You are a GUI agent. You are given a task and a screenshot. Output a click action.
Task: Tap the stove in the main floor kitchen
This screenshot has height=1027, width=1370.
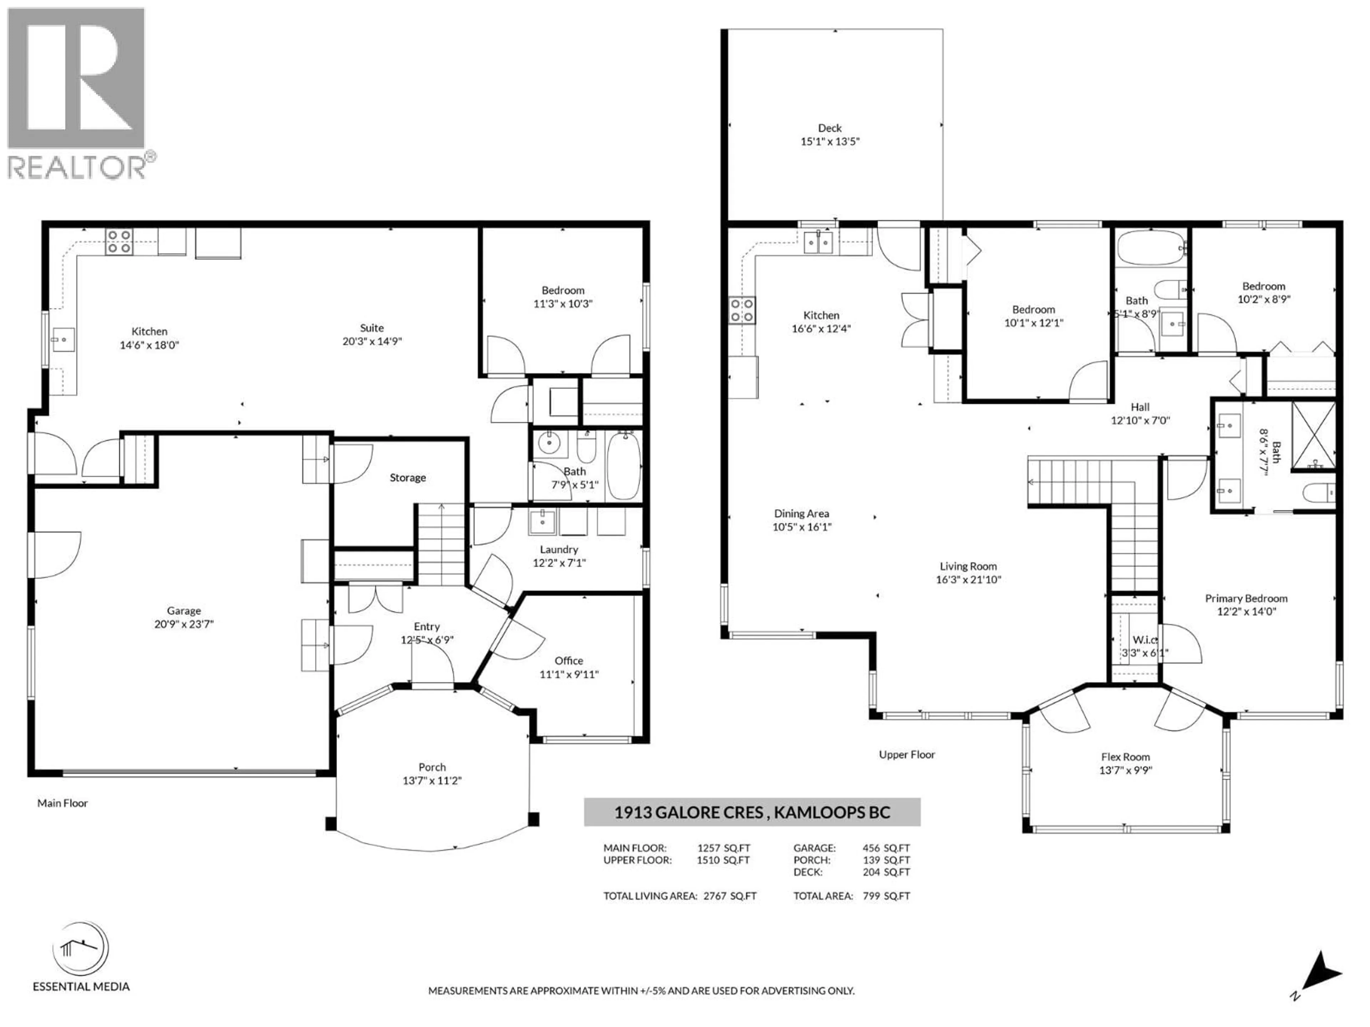tap(119, 241)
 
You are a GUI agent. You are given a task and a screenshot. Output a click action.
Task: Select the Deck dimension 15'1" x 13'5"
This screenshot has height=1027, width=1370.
tap(830, 141)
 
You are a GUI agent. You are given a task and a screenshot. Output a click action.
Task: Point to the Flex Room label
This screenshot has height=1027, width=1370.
tap(1125, 756)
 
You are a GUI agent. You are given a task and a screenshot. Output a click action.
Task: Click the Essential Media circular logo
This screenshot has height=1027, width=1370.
tap(81, 949)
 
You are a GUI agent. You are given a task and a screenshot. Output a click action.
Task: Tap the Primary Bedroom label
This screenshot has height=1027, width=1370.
tap(1246, 598)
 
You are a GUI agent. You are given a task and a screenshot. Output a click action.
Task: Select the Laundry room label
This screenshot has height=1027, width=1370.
tap(559, 549)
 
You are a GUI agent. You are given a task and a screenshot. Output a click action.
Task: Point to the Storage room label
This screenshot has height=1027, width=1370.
tap(407, 477)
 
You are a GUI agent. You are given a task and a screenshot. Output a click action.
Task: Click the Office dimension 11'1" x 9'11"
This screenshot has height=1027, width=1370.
tap(569, 674)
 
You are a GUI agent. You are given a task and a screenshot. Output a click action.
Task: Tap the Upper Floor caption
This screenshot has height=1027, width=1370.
tap(907, 754)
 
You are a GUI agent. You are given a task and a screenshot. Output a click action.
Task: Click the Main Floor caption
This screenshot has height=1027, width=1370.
tap(62, 803)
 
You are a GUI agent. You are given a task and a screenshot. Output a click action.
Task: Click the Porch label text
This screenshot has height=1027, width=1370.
tap(432, 767)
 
